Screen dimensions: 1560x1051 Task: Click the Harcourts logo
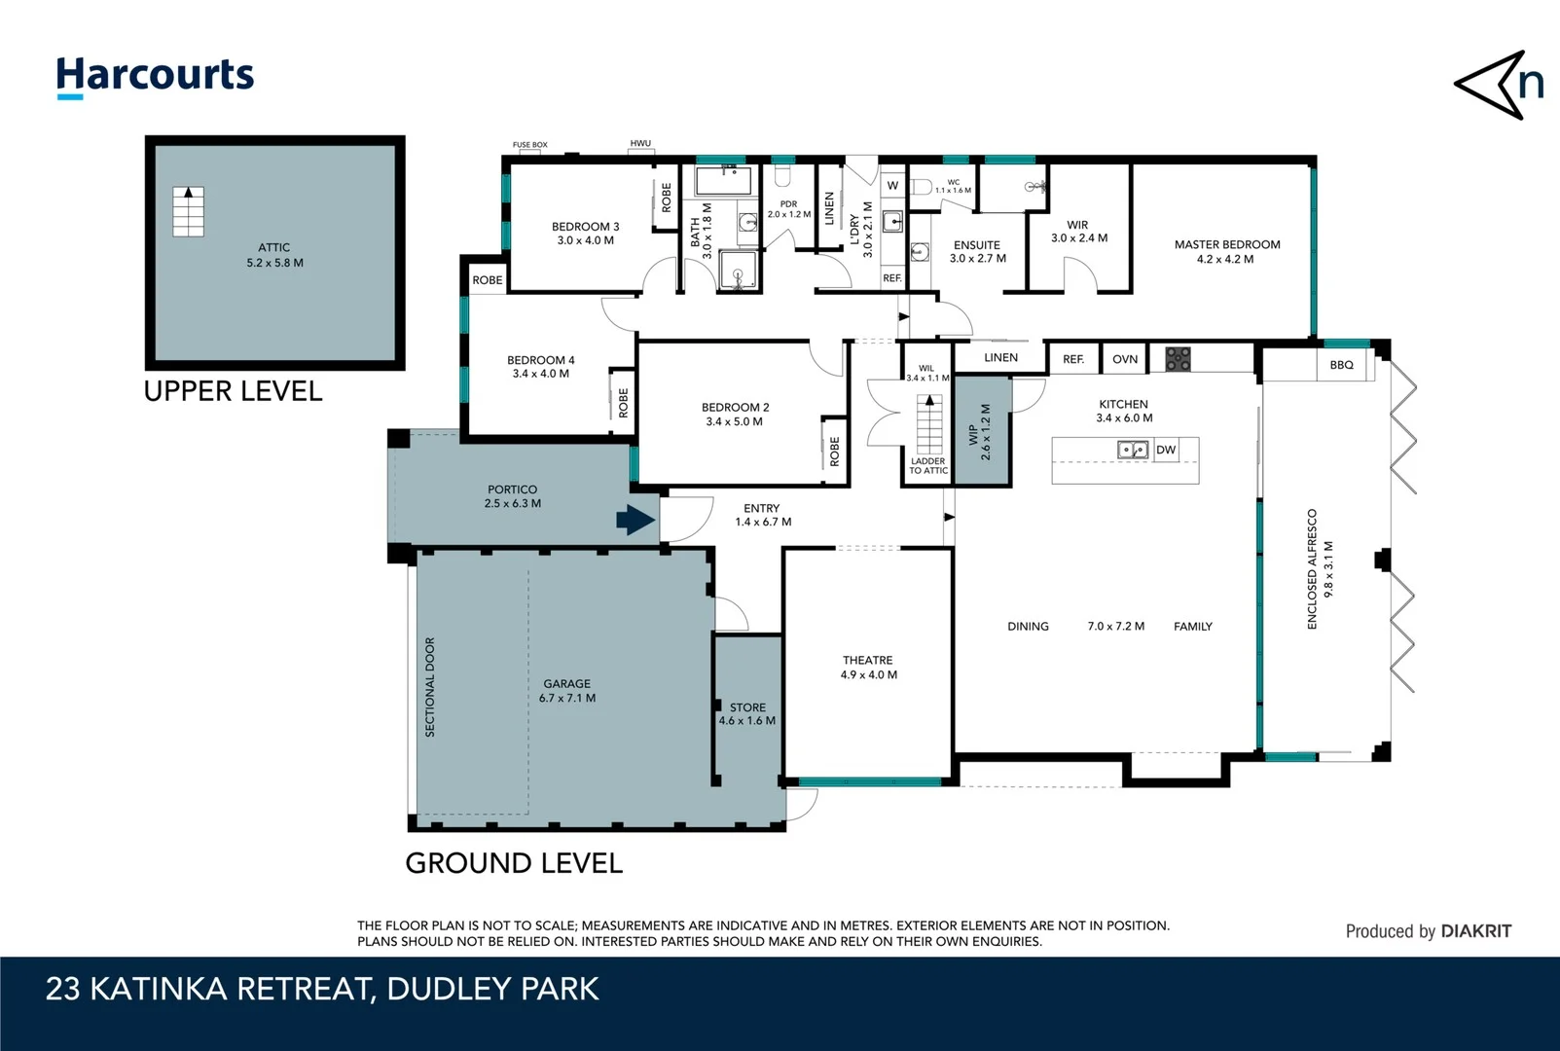point(155,76)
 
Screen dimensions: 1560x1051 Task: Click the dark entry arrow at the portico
point(635,521)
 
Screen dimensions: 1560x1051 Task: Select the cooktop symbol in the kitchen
point(1178,359)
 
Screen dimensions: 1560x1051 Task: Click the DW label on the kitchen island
point(1166,450)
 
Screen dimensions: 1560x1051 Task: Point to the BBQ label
point(1341,365)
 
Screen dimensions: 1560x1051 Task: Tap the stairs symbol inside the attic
point(189,211)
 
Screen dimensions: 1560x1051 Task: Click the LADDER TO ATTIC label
point(928,466)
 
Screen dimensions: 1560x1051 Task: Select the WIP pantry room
point(982,431)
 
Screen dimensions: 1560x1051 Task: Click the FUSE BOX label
point(530,145)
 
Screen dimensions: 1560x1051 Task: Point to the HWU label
point(640,144)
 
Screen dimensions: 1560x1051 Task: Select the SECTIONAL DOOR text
point(430,686)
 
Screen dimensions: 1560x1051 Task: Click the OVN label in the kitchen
point(1125,359)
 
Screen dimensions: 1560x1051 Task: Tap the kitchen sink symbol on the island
point(1132,450)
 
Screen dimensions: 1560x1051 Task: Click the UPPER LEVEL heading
point(233,391)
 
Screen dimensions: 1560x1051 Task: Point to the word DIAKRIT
point(1475,931)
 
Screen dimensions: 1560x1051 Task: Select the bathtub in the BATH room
point(723,181)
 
